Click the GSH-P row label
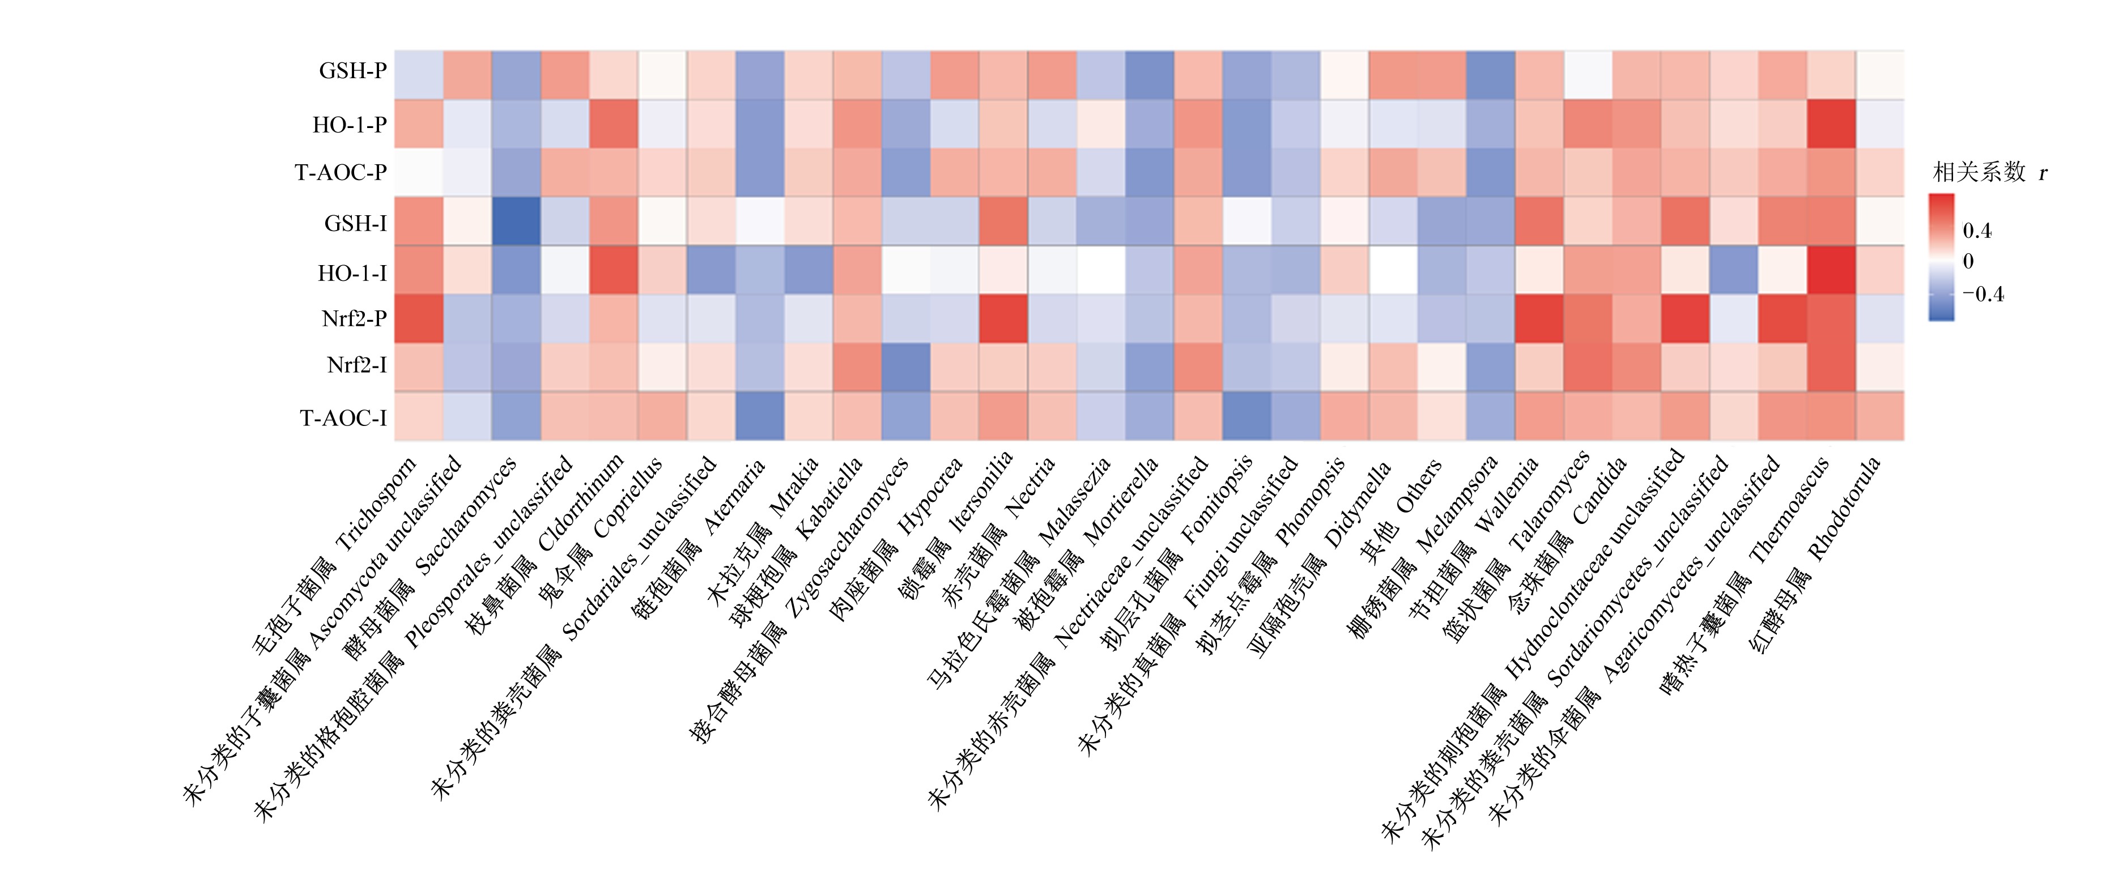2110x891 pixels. click(x=352, y=71)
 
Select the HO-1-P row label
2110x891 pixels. click(x=349, y=125)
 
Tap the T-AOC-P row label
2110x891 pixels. click(x=341, y=173)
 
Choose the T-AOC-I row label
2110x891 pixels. click(x=343, y=419)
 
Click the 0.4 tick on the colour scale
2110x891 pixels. click(x=1977, y=231)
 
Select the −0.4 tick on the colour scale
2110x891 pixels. click(x=1983, y=294)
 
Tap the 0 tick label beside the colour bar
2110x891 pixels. click(x=1968, y=262)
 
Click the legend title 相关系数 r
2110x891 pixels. click(x=1989, y=172)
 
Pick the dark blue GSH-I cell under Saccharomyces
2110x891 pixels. click(x=516, y=221)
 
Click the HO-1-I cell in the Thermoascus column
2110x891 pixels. click(x=1831, y=270)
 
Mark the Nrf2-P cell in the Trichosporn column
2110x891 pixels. click(x=419, y=318)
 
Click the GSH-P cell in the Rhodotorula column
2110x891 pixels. click(x=1880, y=75)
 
